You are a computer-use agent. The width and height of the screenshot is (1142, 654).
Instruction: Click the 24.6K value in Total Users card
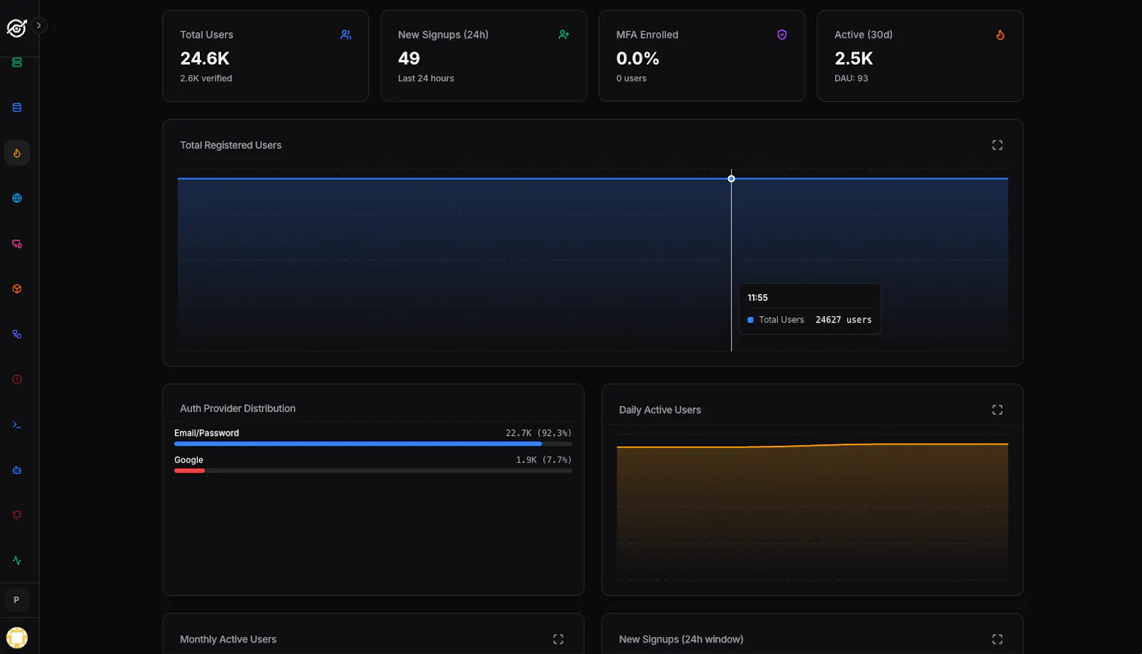pos(204,58)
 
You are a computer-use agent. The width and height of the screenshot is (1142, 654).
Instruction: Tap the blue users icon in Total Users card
pos(345,35)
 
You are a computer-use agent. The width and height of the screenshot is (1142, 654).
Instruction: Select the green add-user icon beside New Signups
pos(563,35)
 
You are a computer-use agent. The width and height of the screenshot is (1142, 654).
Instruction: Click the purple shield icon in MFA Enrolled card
pos(782,35)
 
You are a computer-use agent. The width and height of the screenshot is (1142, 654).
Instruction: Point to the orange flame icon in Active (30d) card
pos(1000,35)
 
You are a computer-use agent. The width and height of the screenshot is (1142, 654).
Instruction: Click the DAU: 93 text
pos(851,78)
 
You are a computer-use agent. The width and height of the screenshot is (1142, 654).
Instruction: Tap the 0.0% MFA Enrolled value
pos(637,58)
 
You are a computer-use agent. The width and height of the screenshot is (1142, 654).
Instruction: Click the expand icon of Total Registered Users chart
pos(997,145)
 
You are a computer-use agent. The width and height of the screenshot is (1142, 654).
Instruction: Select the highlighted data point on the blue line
pos(731,179)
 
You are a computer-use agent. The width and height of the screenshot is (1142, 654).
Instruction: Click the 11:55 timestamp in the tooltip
pos(757,298)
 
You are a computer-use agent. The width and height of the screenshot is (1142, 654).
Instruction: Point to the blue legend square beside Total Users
pos(750,320)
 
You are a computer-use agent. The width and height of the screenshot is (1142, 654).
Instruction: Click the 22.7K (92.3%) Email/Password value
pos(538,433)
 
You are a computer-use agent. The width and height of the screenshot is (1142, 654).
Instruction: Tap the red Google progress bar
pos(189,471)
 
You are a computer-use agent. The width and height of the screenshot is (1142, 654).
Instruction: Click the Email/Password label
pos(206,433)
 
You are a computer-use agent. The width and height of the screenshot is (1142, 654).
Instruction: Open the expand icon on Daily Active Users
pos(997,410)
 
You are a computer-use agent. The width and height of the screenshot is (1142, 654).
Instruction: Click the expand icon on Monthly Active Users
pos(558,639)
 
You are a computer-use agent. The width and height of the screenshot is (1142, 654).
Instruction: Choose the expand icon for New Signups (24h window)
pos(997,639)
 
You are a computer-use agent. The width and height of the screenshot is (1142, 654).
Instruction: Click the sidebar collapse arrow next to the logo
pos(39,26)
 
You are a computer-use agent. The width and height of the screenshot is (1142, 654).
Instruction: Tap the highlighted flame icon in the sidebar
pos(17,153)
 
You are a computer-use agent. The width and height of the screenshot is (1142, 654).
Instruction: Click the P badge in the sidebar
pos(16,600)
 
